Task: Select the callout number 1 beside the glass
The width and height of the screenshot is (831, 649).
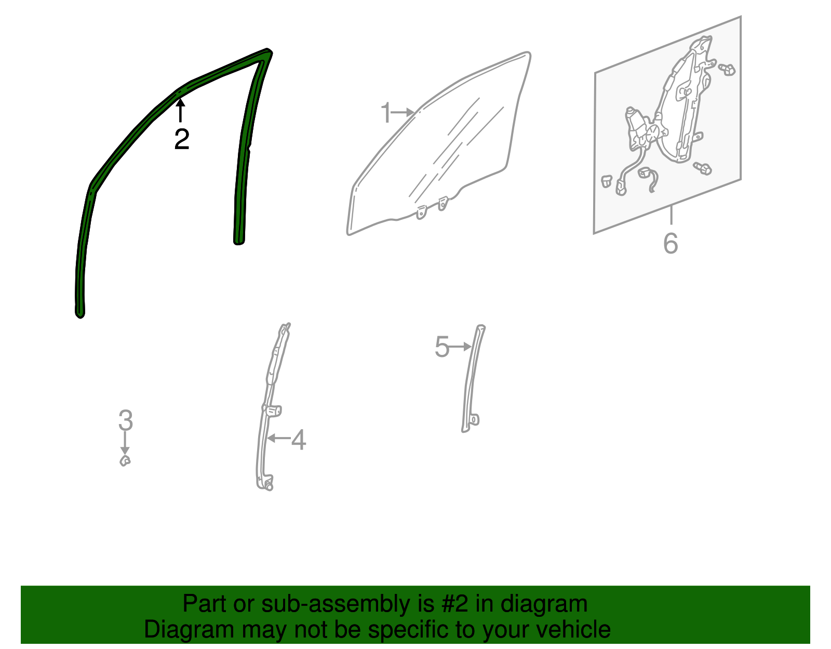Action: pos(386,112)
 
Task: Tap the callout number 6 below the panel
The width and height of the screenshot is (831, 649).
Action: pos(671,243)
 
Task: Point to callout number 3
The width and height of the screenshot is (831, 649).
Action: pos(126,420)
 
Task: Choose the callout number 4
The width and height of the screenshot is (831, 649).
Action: pos(299,440)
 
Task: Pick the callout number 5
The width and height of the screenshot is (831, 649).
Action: pos(441,347)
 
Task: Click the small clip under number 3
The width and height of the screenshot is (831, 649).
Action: pos(125,461)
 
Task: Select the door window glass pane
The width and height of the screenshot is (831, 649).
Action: pos(439,143)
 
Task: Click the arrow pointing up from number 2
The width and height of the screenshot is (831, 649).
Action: pos(180,110)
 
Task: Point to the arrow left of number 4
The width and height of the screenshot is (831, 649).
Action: pos(278,438)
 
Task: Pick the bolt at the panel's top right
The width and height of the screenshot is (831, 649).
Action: pos(727,70)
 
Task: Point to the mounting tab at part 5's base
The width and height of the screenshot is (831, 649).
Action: pos(474,419)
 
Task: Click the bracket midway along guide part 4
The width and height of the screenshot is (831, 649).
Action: pos(273,411)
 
